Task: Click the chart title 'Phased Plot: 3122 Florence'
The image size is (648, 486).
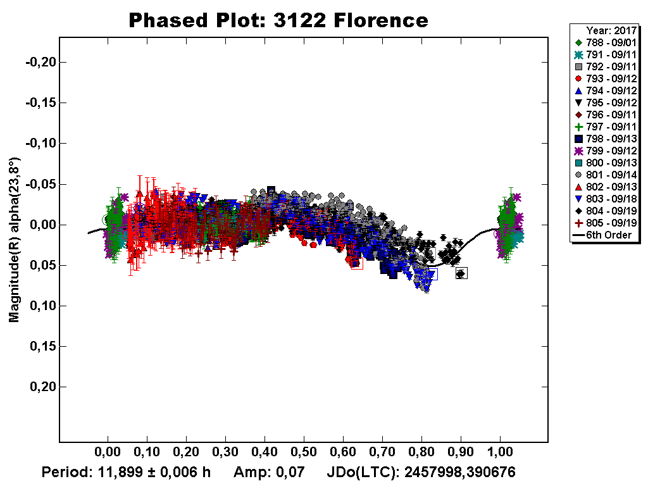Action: tap(278, 20)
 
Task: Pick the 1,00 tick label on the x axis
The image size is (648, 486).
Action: tap(500, 453)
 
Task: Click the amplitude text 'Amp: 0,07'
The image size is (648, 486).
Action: tap(269, 472)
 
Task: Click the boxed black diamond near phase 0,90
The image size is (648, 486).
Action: tap(461, 273)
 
